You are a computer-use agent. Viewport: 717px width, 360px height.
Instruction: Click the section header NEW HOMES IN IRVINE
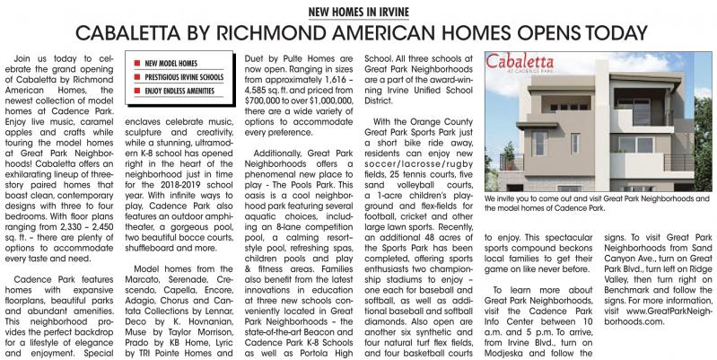click(x=359, y=13)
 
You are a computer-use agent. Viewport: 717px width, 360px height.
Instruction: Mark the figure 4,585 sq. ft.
click(x=264, y=103)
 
